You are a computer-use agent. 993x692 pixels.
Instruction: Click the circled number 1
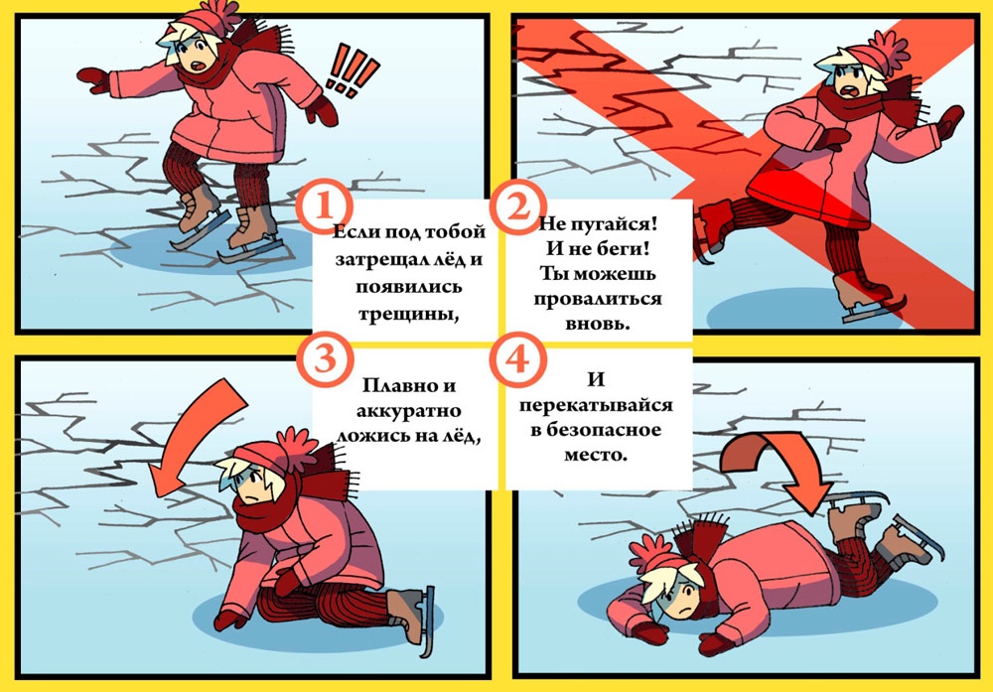(324, 207)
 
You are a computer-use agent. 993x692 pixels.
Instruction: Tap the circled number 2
(518, 207)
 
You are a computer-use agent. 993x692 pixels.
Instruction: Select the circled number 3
(324, 359)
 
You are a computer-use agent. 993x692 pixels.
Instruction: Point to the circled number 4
(518, 359)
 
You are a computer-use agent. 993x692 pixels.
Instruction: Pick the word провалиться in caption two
(597, 299)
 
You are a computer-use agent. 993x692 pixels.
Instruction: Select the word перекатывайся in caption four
(596, 405)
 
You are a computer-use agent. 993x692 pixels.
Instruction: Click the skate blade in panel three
(428, 622)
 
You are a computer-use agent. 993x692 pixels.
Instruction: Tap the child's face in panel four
(677, 595)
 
